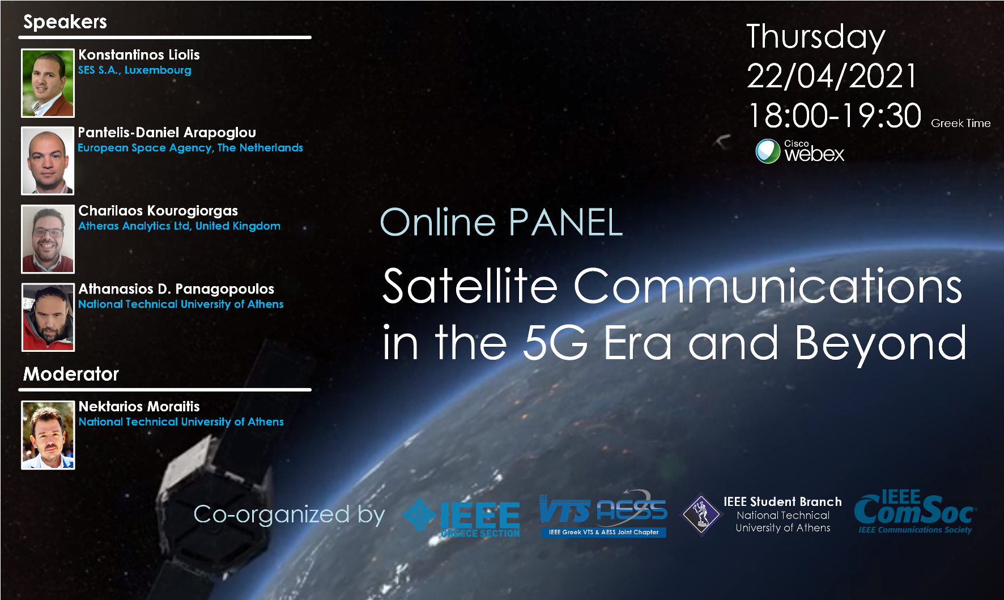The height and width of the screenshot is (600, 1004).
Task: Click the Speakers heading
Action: (x=65, y=22)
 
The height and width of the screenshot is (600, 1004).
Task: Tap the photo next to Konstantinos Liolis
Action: (x=48, y=83)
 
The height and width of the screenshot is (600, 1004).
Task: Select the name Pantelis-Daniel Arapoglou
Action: (x=167, y=133)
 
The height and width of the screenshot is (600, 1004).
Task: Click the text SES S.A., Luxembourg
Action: (x=135, y=70)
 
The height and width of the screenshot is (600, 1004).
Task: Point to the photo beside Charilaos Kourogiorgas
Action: (x=48, y=239)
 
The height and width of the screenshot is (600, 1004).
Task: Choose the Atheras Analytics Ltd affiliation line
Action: (x=179, y=226)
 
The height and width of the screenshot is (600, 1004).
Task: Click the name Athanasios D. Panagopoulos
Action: (x=176, y=289)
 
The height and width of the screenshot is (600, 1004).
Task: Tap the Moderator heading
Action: (x=71, y=374)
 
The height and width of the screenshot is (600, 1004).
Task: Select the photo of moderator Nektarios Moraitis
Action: (x=48, y=435)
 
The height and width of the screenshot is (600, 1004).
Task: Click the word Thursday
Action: (x=816, y=37)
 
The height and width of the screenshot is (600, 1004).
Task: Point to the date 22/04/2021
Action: (x=832, y=76)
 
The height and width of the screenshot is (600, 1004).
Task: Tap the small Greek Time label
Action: (x=961, y=124)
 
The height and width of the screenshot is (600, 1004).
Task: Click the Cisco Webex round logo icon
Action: (x=768, y=151)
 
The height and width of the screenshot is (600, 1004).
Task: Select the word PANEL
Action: (x=566, y=222)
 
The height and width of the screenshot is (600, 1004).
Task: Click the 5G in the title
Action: (x=555, y=343)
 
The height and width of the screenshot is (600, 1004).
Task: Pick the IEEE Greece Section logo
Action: (x=461, y=518)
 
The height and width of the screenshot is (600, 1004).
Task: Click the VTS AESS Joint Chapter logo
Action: (x=603, y=513)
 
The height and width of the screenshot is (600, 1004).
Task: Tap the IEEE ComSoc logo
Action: (x=916, y=512)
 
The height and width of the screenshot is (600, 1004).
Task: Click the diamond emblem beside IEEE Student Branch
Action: (x=701, y=514)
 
